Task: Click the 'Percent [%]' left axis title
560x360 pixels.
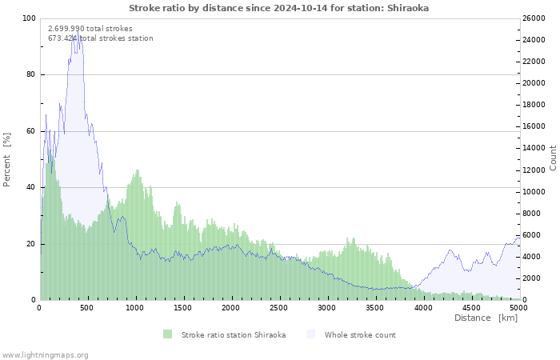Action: [x=7, y=160]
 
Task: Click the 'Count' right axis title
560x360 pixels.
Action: [x=553, y=158]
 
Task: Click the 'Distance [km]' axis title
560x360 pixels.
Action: [x=486, y=318]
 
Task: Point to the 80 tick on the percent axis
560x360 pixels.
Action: [x=30, y=75]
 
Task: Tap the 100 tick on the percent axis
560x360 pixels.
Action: [x=28, y=18]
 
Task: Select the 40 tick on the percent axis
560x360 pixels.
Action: [x=30, y=188]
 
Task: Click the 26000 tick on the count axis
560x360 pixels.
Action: [x=534, y=18]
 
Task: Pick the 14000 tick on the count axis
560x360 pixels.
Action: [x=534, y=149]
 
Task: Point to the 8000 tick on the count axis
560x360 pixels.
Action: [x=532, y=214]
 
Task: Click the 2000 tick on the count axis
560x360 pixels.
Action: [x=532, y=278]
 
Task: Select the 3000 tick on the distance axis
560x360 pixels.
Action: [x=326, y=307]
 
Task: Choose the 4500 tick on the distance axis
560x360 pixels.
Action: [x=470, y=307]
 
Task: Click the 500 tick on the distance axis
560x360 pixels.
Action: [x=87, y=307]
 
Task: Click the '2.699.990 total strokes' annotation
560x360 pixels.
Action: [x=90, y=28]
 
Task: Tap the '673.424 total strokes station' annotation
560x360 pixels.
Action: [x=101, y=38]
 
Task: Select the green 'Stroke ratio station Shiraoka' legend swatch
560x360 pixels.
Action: [x=167, y=334]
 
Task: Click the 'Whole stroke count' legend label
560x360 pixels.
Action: [x=359, y=334]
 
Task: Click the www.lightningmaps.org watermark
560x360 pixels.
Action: [x=45, y=354]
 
